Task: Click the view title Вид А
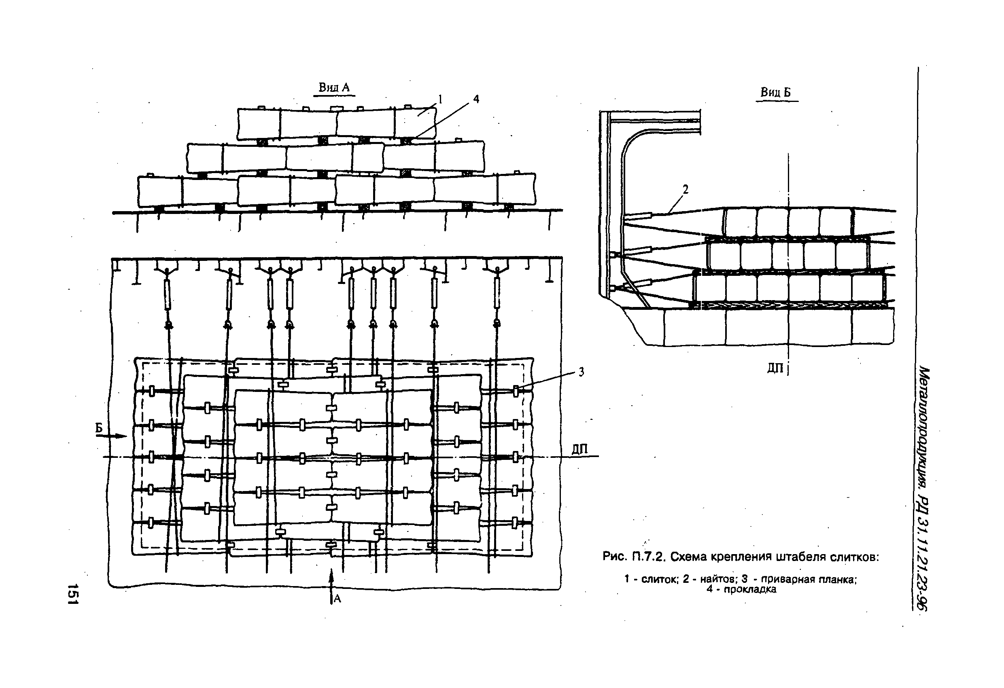coord(333,88)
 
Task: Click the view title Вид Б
coord(776,93)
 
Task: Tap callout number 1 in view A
coord(440,100)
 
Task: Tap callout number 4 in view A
coord(476,99)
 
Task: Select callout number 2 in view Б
coord(685,189)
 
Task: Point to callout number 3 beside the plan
coord(582,372)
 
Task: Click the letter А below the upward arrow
coord(337,599)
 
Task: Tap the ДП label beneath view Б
coord(775,368)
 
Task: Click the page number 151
coord(72,594)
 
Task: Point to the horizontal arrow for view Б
coord(111,436)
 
